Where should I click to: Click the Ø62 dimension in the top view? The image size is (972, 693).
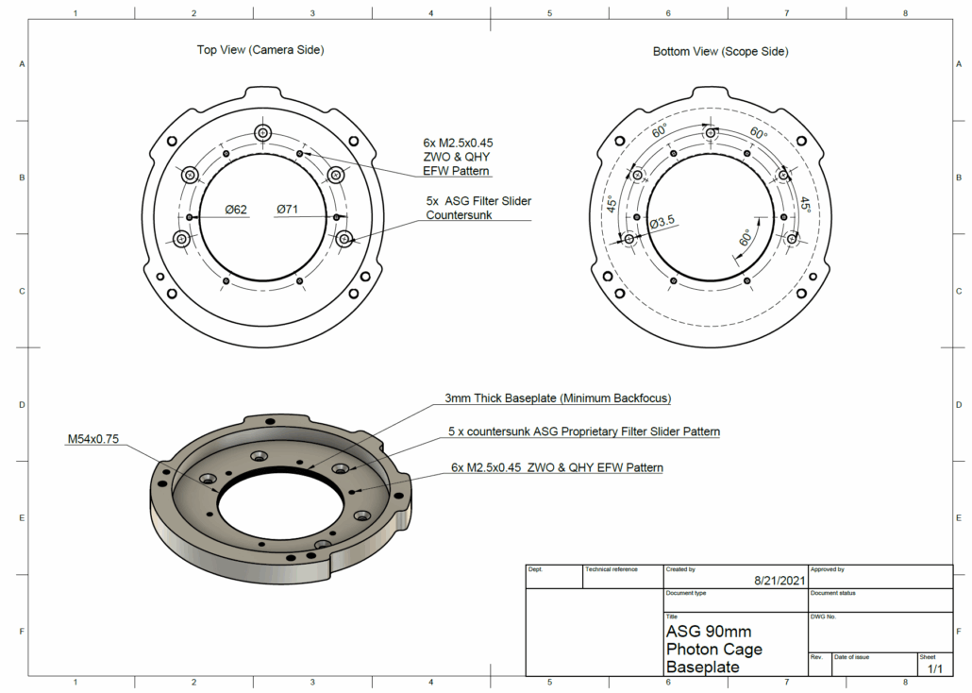[x=236, y=210]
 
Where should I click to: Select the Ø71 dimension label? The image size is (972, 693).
[x=288, y=210]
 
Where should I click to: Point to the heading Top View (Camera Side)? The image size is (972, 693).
[x=260, y=50]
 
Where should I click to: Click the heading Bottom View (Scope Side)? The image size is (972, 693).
[x=720, y=51]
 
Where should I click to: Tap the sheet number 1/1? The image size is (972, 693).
[x=935, y=668]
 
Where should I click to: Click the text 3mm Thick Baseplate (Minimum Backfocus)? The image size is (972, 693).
[x=557, y=398]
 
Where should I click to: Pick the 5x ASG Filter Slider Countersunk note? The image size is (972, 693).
[x=478, y=208]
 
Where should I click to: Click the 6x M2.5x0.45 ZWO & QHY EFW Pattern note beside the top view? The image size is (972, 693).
[x=457, y=157]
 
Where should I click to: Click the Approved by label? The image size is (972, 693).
[x=828, y=569]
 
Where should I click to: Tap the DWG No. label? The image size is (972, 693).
[x=824, y=617]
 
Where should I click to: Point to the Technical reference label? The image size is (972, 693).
[x=612, y=569]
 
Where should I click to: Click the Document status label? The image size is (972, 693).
[x=832, y=593]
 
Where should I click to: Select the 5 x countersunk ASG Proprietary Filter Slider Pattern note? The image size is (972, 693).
[x=583, y=432]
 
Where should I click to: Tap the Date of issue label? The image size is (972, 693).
[x=852, y=656]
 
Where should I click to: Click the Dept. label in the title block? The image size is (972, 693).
[x=535, y=569]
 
